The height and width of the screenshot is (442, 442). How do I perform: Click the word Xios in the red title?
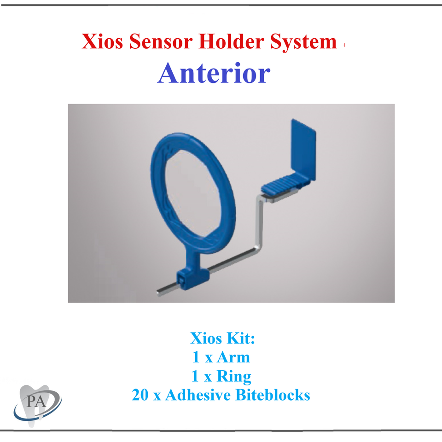point(103,42)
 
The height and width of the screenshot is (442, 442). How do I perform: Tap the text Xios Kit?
point(222,339)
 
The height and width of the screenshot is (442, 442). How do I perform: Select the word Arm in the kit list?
point(233,358)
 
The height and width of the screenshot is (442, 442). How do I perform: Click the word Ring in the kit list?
point(234,377)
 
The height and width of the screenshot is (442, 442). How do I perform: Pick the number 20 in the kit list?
point(140,395)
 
